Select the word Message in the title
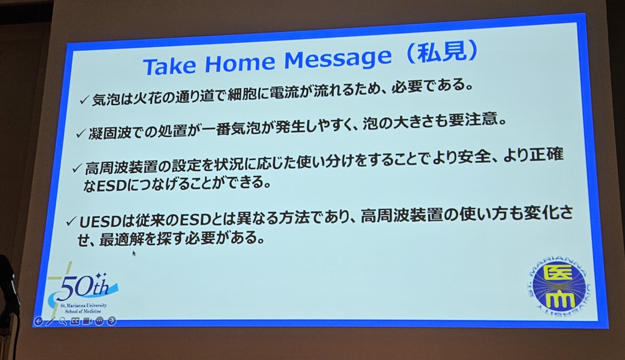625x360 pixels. tap(337, 59)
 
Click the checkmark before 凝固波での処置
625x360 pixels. tap(80, 134)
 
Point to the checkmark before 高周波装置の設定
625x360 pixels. tap(77, 169)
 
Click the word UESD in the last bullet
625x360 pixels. tap(99, 221)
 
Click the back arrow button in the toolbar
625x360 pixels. tap(38, 321)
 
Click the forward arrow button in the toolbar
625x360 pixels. tap(111, 321)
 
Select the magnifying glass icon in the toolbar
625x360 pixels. tap(63, 321)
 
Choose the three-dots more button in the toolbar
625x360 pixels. tap(99, 321)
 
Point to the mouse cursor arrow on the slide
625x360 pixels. tap(134, 253)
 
